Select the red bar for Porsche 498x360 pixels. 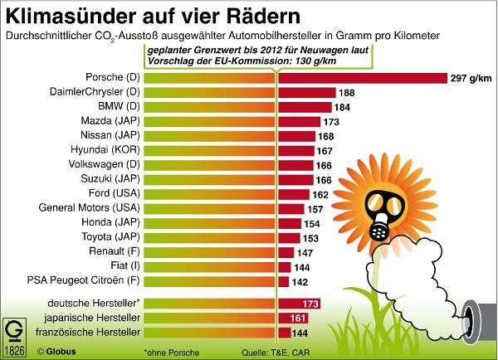(358, 78)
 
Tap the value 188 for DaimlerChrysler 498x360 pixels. (347, 92)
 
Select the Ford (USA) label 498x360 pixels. (112, 193)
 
